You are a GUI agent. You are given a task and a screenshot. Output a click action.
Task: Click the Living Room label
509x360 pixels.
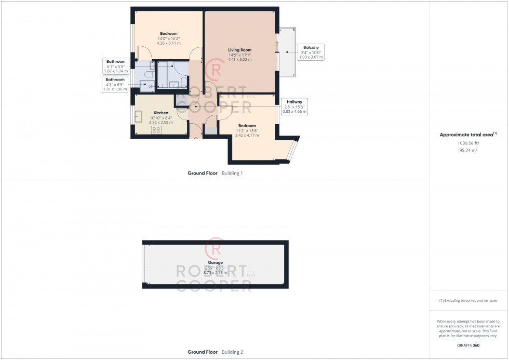point(239,50)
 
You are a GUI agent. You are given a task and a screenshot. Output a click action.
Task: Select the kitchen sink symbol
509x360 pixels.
point(139,117)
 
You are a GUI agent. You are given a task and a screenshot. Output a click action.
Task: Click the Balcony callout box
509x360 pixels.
point(311,52)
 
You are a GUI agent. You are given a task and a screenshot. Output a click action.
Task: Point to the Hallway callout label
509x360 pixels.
point(294,106)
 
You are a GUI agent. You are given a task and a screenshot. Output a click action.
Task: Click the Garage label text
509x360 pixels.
point(215,263)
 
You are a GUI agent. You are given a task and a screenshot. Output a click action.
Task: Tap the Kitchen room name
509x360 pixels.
point(161,113)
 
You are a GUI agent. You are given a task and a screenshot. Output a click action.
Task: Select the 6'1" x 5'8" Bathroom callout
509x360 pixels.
point(116,66)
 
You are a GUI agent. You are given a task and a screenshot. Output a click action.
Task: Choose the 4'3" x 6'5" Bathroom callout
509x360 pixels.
point(115,84)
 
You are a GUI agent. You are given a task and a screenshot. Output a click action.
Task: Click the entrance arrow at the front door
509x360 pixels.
point(195,139)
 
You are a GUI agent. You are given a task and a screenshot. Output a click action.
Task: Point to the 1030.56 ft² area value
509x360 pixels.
point(468,143)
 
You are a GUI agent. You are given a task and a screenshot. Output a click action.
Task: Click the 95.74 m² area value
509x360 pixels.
point(468,150)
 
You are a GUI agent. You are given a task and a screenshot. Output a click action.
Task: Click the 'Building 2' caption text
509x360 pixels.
point(232,352)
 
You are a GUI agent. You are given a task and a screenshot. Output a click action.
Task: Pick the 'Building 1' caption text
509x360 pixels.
point(232,173)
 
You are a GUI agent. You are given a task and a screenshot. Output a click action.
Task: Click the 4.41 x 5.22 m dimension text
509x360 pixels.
point(239,60)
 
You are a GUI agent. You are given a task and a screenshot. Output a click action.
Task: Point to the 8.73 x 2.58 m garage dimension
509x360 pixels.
point(215,273)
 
